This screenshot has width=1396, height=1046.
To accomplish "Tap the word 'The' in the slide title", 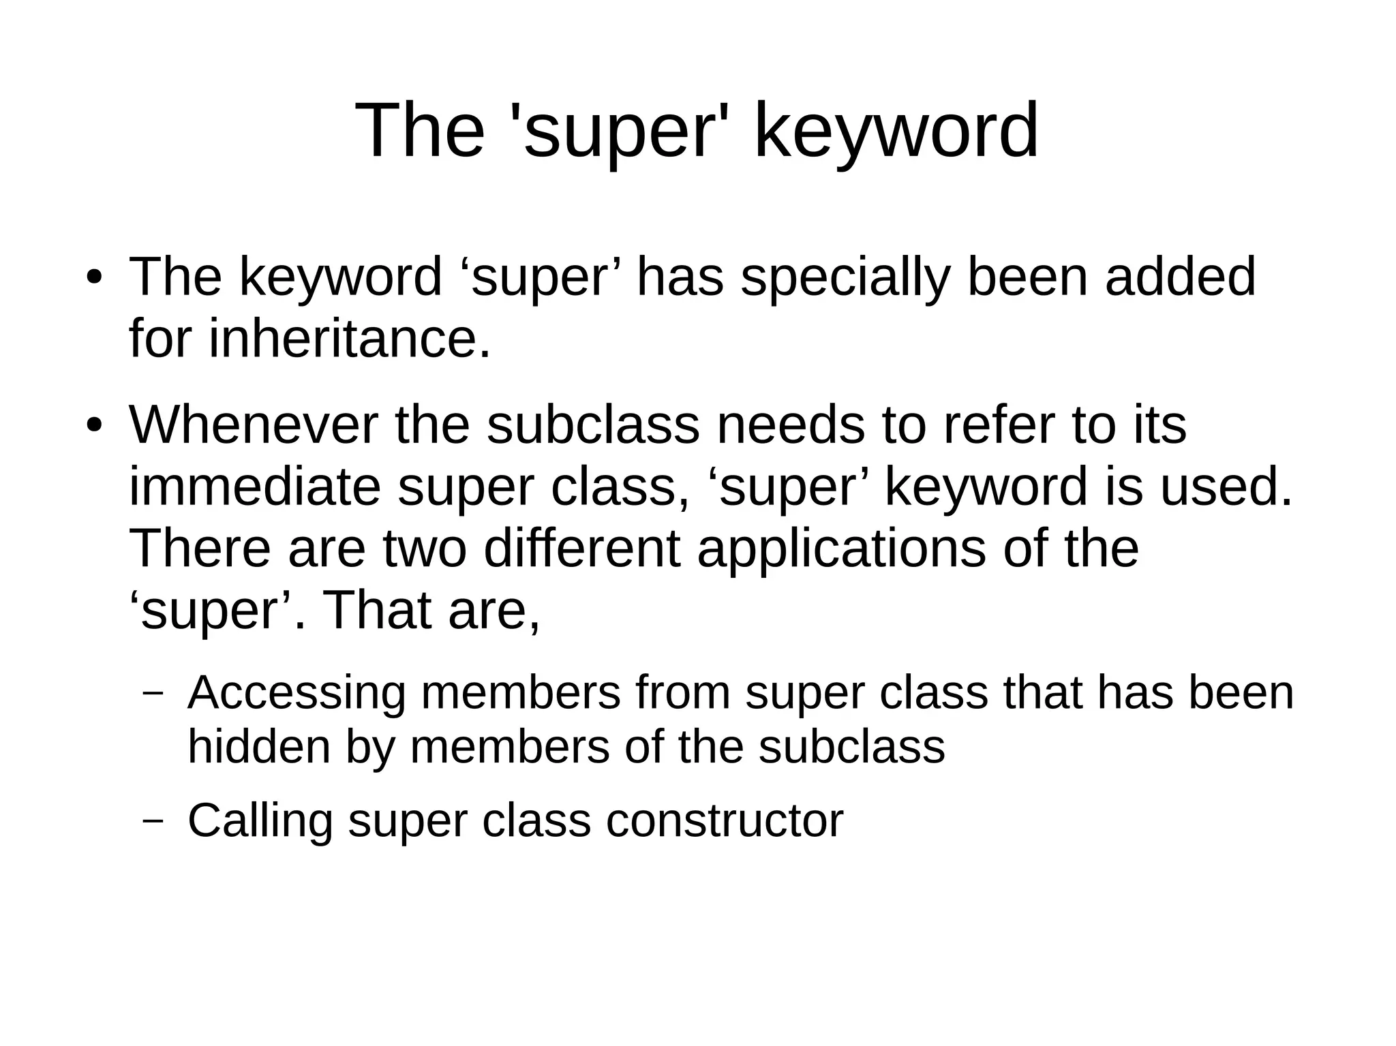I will click(419, 131).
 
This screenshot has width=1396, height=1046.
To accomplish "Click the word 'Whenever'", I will click(254, 425).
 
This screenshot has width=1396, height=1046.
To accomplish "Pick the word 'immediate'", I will click(254, 487).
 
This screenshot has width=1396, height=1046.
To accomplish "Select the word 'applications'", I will click(841, 549).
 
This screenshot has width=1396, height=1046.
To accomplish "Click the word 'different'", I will click(581, 549).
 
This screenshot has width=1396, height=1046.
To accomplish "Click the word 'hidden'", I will click(258, 747).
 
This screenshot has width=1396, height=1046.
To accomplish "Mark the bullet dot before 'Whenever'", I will click(94, 426).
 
